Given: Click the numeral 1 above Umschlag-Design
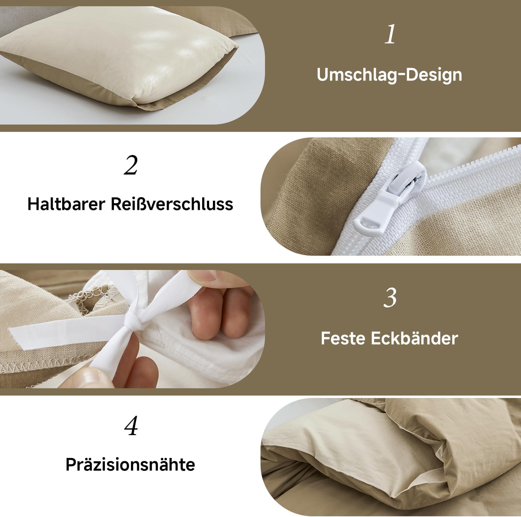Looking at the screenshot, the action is point(390,34).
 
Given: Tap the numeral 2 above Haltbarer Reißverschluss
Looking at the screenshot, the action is point(131,165).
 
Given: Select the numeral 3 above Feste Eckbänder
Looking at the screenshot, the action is point(390,298).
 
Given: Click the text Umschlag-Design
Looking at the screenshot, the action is point(389,75).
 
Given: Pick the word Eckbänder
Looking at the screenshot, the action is point(414,338).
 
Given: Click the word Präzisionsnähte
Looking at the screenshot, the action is point(130,465).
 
